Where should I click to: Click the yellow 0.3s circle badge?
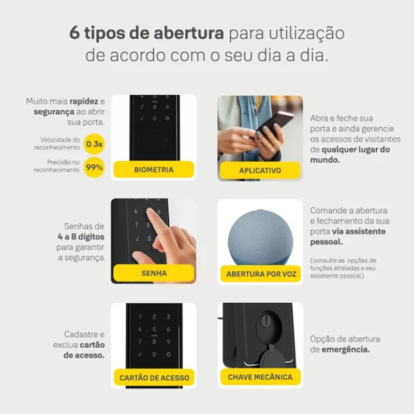(94, 144)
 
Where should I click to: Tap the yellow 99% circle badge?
(94, 167)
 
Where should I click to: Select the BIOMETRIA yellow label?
(154, 170)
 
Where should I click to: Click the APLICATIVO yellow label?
(260, 170)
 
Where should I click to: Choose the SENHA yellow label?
(154, 273)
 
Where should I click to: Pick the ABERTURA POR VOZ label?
(261, 274)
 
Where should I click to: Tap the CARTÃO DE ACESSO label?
(154, 378)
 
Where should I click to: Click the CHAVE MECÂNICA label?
(260, 377)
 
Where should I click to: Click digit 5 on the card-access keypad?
(154, 329)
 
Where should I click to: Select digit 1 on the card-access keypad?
(140, 317)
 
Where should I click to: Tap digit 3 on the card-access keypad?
(169, 317)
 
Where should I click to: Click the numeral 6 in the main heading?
(75, 33)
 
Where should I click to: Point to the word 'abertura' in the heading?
(189, 33)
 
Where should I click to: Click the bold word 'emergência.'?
(346, 350)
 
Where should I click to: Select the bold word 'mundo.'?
(325, 160)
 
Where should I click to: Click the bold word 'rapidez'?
(84, 101)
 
